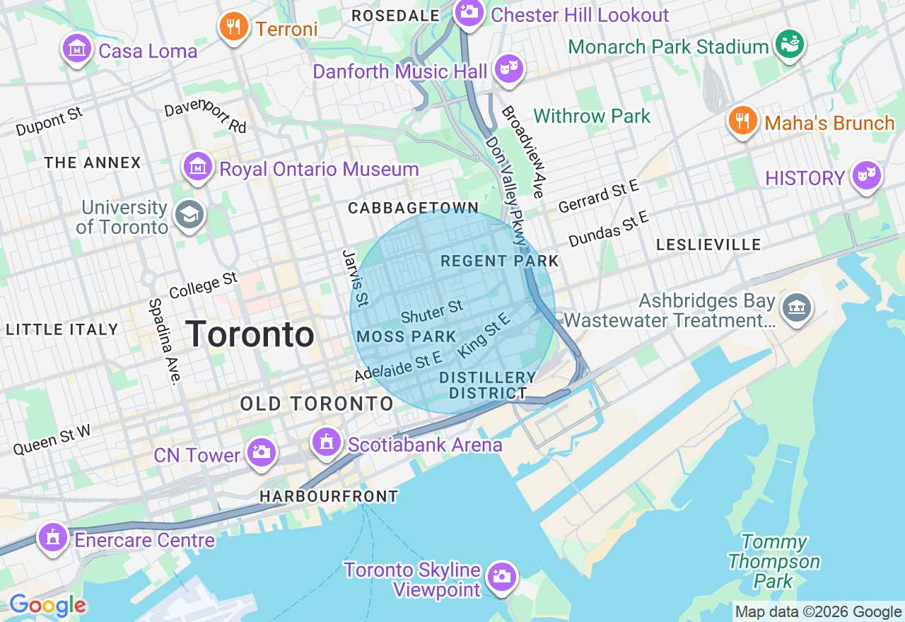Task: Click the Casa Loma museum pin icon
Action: pyautogui.click(x=76, y=49)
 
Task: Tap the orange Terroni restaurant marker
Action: pyautogui.click(x=233, y=27)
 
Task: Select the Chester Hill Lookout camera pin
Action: pyautogui.click(x=468, y=12)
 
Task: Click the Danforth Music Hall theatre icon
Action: pyautogui.click(x=508, y=69)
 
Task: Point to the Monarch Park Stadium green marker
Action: pyautogui.click(x=789, y=45)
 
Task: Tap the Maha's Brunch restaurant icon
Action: pyautogui.click(x=742, y=121)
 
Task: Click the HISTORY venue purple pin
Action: pyautogui.click(x=867, y=175)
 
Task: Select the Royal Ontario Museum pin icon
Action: pyautogui.click(x=198, y=167)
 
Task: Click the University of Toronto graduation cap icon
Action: pyautogui.click(x=189, y=216)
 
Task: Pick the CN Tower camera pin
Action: pyautogui.click(x=261, y=452)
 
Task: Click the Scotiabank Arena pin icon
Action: pyautogui.click(x=326, y=442)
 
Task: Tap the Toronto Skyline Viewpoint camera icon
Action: pyautogui.click(x=502, y=577)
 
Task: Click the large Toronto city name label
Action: pyautogui.click(x=250, y=334)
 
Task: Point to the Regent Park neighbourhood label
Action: pyautogui.click(x=499, y=261)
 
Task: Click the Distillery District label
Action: pyautogui.click(x=487, y=385)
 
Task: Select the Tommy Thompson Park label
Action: pyautogui.click(x=773, y=562)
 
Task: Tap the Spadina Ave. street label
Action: pyautogui.click(x=162, y=341)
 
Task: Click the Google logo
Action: pyautogui.click(x=47, y=605)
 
